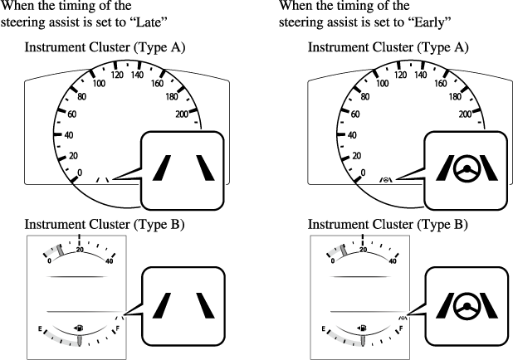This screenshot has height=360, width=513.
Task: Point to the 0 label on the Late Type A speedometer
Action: (80, 173)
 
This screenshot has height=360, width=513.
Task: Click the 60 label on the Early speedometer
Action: (354, 114)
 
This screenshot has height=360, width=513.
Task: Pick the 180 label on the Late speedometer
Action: (171, 95)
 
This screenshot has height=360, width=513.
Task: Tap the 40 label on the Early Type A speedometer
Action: (351, 134)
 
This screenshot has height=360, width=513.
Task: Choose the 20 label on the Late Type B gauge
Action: (80, 249)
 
